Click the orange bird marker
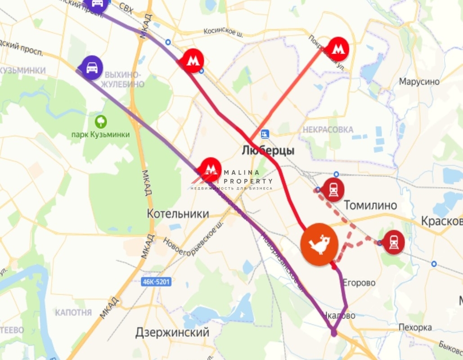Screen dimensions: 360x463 pos(319,244)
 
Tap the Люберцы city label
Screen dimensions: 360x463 pos(268,151)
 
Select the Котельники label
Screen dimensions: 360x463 pos(178,214)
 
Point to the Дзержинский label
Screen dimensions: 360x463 pos(172,333)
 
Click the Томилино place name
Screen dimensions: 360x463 pos(370,206)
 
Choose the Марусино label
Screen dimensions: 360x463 pos(419,82)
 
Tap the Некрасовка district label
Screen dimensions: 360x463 pos(328,130)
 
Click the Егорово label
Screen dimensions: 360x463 pos(359,283)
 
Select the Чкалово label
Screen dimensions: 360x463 pos(342,316)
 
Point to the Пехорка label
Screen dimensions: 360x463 pos(415,328)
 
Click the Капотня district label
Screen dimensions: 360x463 pos(73,312)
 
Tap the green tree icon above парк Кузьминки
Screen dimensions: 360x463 pos(101,121)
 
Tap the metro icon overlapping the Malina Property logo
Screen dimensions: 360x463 pos(210,169)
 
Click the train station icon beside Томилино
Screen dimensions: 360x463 pos(333,189)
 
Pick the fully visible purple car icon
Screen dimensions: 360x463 pos(92,67)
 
